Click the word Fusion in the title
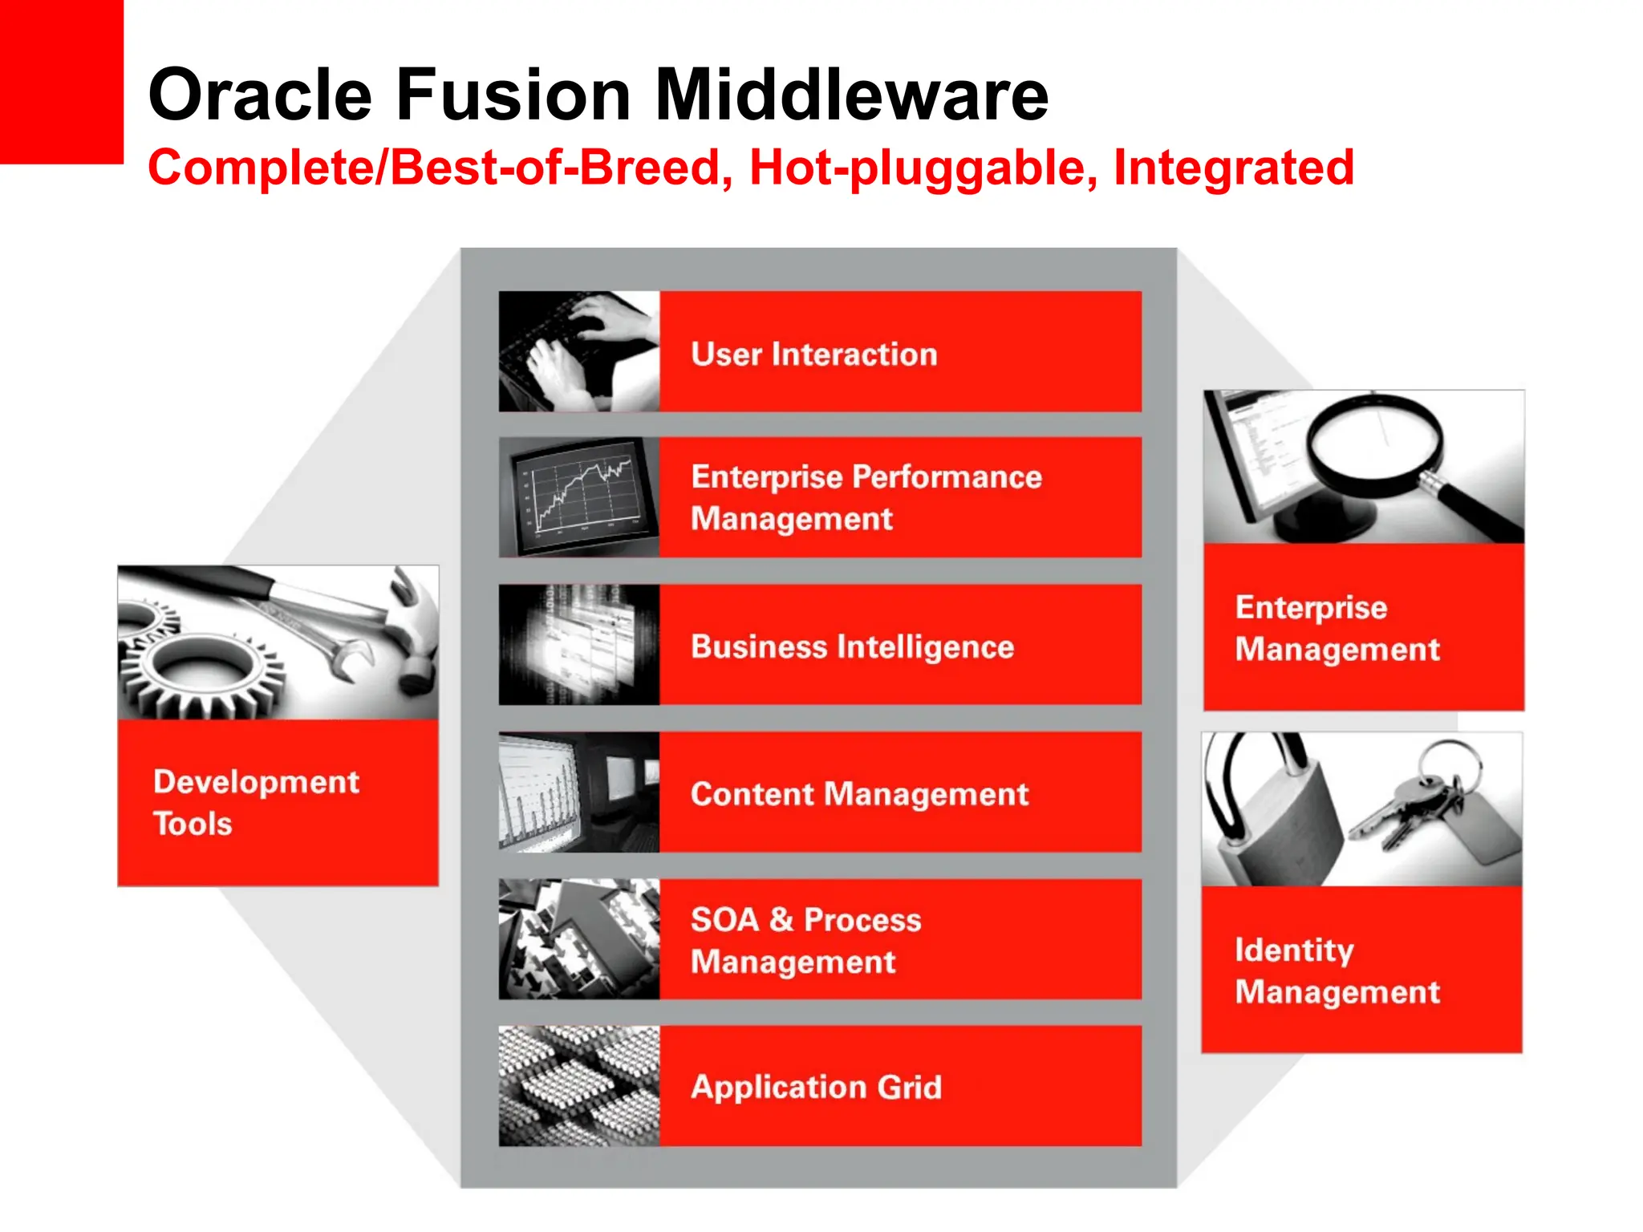[x=513, y=95]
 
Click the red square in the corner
[x=61, y=80]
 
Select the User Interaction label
[x=813, y=354]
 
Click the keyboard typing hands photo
[x=578, y=351]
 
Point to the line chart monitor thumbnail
[x=578, y=497]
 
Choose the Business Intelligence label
[x=852, y=646]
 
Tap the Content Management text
[x=858, y=794]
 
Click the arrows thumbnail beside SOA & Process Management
[x=578, y=938]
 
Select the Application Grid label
[x=816, y=1087]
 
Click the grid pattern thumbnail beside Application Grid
[x=578, y=1086]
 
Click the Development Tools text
[x=255, y=802]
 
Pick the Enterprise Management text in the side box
[x=1337, y=628]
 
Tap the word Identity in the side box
[x=1293, y=950]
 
